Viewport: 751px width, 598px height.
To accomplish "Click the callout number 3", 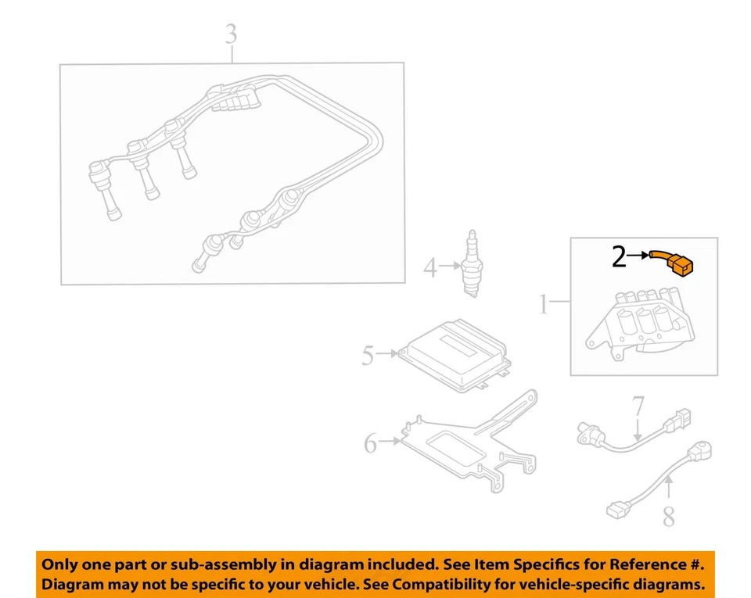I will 231,35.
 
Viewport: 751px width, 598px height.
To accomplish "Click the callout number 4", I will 430,269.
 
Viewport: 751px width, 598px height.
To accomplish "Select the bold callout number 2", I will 619,256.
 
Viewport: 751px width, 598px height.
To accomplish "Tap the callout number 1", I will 544,304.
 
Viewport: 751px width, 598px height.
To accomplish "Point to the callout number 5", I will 368,356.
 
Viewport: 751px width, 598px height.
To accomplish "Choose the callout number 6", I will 371,445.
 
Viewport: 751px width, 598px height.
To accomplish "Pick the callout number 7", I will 638,406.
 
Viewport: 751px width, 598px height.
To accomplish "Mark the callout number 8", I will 668,517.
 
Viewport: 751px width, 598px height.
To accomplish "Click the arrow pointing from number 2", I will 638,256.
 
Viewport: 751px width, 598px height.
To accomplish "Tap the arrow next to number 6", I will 391,442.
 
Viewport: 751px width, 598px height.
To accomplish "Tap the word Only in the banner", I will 59,564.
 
